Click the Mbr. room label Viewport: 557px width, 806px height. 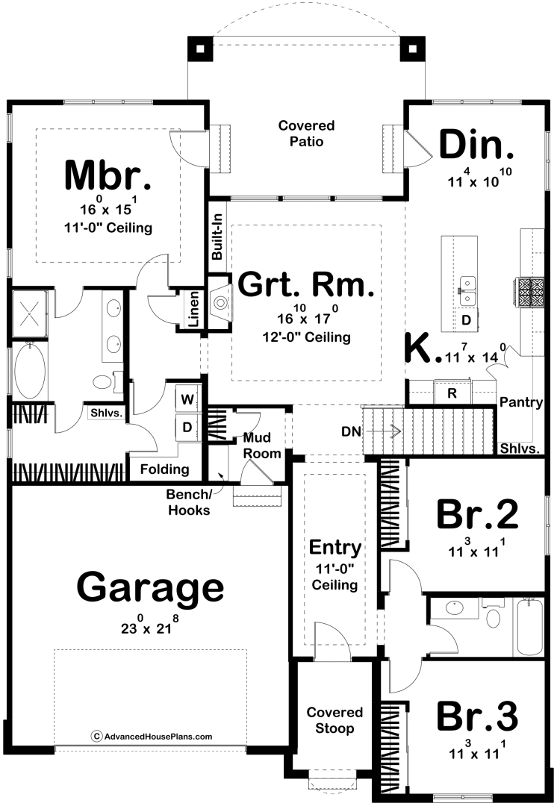pos(108,175)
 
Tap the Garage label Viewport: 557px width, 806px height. pos(150,588)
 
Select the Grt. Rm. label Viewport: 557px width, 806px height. pos(306,284)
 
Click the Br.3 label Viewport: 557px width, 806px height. pos(477,716)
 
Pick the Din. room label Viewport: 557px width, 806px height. pos(476,145)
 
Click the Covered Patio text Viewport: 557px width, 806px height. pos(307,133)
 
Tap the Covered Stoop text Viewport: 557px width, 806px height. pos(334,720)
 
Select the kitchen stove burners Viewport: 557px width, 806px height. pos(529,293)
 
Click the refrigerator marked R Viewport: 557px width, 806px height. pos(452,393)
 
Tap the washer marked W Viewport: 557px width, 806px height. pos(187,399)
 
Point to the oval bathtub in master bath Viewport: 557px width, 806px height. pos(30,372)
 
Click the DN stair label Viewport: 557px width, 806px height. pos(351,431)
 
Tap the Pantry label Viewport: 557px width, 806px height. pos(521,402)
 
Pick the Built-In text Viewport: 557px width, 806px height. pos(217,237)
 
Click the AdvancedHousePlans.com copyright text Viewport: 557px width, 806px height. pos(152,737)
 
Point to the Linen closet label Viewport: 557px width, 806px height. pos(193,310)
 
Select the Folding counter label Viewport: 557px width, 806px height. pos(164,469)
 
